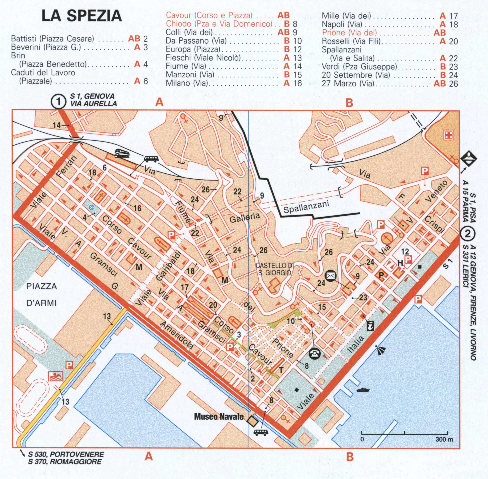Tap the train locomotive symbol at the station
(x=122, y=153)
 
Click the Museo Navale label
(x=219, y=417)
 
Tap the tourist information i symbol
(x=370, y=326)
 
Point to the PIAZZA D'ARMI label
(x=42, y=295)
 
